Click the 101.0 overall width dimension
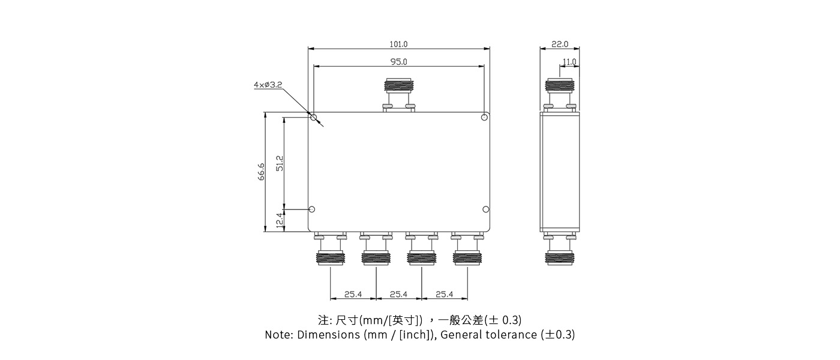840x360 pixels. pos(398,44)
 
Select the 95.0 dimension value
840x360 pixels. pos(398,62)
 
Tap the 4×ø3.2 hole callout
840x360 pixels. pos(268,85)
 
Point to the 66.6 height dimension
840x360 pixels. pos(262,172)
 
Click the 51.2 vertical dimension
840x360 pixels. pos(280,163)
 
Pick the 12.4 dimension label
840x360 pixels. pos(280,220)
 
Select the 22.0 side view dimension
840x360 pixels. pos(559,44)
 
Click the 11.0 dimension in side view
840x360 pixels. pos(569,62)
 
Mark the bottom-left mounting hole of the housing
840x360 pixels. pos(311,209)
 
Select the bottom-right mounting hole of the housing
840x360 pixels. pos(486,209)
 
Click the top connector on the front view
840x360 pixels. pos(399,94)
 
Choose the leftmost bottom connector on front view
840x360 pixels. pos(331,251)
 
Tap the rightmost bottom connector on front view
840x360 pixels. pos(467,251)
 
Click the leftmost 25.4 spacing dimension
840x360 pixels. pos(353,295)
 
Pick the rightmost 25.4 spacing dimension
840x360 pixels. pos(444,295)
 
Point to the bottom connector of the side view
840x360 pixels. pos(559,251)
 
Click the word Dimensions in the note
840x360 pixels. pos(329,335)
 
